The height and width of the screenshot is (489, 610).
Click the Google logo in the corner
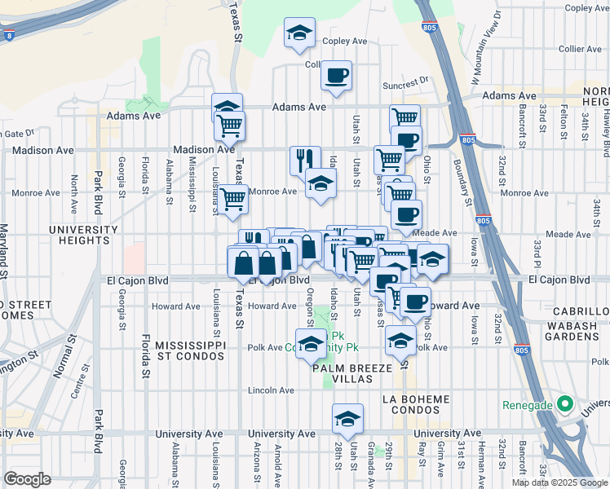(x=27, y=479)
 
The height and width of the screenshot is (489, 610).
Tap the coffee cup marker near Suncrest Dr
(x=337, y=77)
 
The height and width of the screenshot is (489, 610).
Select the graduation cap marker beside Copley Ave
(x=299, y=34)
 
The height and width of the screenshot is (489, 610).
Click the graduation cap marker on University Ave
(x=347, y=419)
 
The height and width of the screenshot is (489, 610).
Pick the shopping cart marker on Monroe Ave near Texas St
(x=234, y=197)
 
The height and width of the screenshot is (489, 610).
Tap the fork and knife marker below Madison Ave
(x=305, y=160)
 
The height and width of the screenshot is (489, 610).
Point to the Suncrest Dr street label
(x=406, y=81)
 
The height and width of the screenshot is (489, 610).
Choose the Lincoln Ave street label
(x=272, y=389)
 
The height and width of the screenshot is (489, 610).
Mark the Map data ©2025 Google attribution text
(x=559, y=482)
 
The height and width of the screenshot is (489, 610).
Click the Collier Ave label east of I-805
(x=580, y=49)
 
